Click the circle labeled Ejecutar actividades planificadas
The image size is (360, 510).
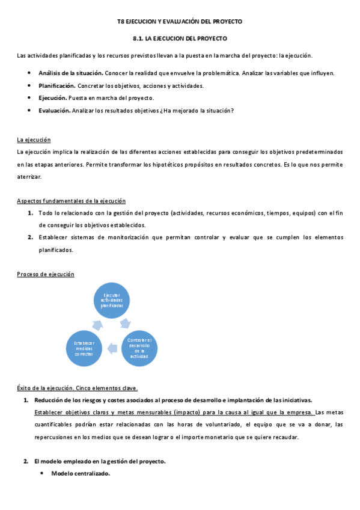(112, 300)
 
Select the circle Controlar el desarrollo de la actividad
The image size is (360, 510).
(142, 347)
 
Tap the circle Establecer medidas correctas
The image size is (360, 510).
(84, 348)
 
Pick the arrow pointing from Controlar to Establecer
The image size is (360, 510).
(112, 347)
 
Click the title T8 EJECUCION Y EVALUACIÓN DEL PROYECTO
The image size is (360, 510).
(179, 21)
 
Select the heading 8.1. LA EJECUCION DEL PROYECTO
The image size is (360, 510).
(180, 38)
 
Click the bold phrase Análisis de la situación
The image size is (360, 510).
(67, 73)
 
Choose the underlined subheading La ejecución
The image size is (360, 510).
(34, 140)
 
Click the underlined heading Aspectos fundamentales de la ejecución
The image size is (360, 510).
(71, 200)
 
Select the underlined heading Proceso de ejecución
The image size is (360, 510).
(45, 274)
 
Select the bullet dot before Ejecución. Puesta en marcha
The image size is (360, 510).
(29, 98)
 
